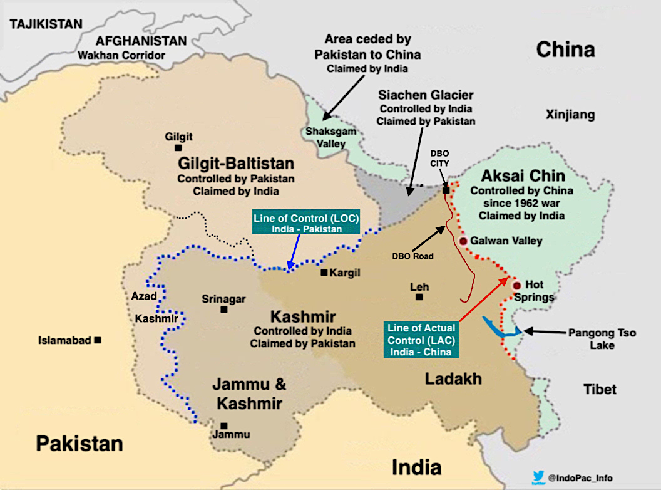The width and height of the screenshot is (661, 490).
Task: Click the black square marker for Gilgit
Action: point(178,148)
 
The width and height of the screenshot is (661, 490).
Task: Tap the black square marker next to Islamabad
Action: point(98,340)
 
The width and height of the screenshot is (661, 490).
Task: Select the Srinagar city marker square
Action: point(223,310)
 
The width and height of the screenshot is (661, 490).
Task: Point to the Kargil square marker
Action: point(324,273)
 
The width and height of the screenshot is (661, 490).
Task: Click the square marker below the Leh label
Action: point(419,297)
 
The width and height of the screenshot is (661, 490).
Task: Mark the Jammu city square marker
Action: point(223,425)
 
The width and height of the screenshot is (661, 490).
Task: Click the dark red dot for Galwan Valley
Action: point(463,241)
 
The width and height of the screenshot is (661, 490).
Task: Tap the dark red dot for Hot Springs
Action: point(516,286)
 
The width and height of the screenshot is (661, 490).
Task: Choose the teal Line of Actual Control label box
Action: point(421,340)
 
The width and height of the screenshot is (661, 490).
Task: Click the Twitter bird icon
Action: point(536,477)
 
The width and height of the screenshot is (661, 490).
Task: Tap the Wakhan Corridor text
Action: point(121,55)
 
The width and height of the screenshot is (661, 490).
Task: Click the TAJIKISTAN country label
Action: point(46,24)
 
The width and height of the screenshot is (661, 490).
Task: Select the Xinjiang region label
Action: point(570,115)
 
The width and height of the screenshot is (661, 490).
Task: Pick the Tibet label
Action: point(600,389)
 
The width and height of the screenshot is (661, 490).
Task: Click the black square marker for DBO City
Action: point(446,190)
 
